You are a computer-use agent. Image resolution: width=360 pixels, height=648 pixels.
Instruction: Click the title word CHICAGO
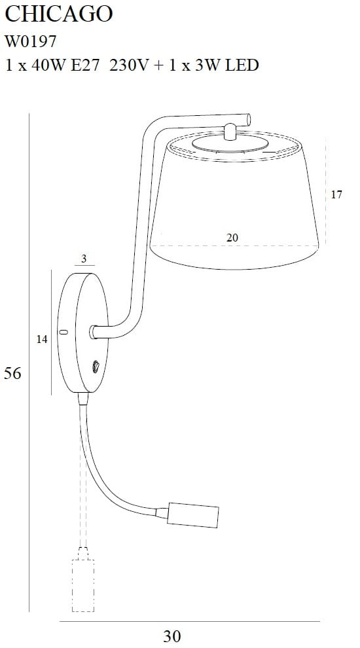click(59, 14)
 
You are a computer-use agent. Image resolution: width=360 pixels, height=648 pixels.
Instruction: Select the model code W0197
click(30, 41)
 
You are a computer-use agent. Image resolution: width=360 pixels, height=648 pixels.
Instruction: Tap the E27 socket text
click(85, 65)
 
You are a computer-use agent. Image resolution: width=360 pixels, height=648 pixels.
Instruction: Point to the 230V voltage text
click(129, 65)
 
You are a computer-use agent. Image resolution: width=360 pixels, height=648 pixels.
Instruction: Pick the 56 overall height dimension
click(12, 373)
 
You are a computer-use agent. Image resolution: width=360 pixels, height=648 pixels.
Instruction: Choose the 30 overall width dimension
click(172, 636)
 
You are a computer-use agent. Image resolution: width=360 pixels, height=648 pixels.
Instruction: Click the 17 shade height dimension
click(336, 194)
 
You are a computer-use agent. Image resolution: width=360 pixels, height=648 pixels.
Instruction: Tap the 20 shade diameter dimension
click(232, 238)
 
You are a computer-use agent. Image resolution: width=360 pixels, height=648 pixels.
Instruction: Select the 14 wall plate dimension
click(42, 339)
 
